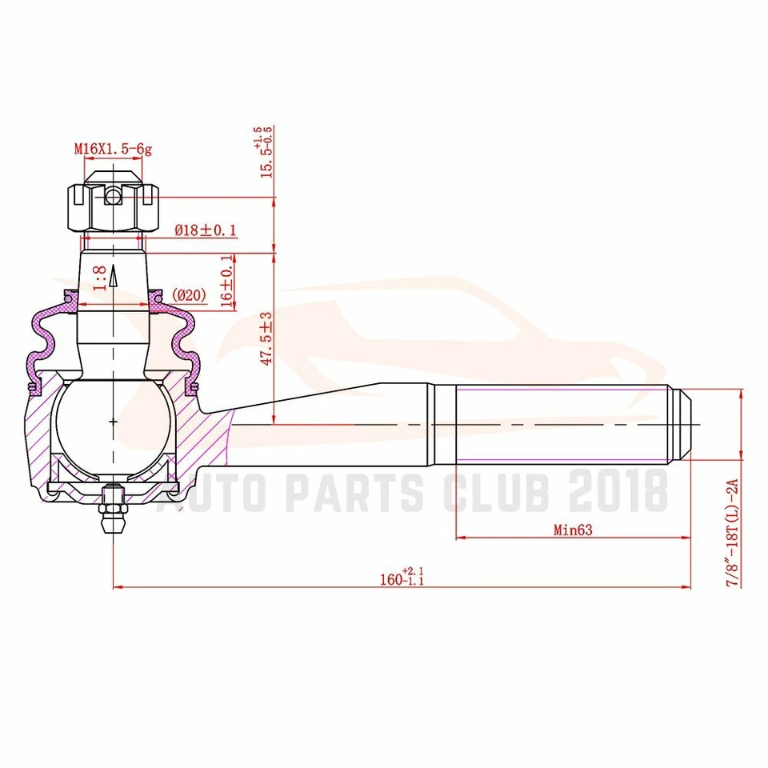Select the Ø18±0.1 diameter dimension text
(206, 230)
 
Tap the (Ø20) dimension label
(190, 295)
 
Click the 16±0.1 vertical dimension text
(227, 280)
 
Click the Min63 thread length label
(574, 530)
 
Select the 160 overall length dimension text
(402, 578)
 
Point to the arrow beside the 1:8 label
(114, 276)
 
